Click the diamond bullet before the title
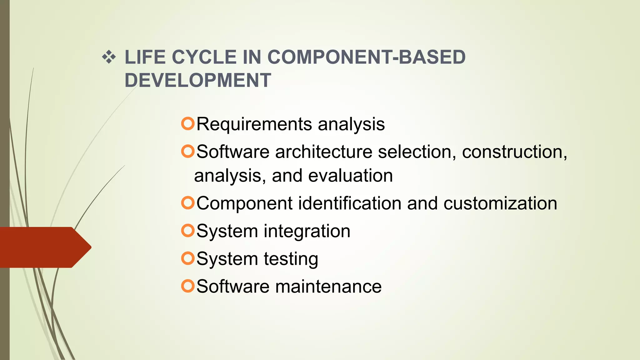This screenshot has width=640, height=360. (109, 57)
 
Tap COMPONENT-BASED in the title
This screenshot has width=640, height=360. (366, 57)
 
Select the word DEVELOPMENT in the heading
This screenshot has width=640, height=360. (198, 80)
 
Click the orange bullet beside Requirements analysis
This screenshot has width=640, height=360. (188, 124)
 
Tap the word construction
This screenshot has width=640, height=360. (514, 152)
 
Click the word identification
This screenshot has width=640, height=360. (350, 203)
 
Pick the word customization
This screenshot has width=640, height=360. (500, 203)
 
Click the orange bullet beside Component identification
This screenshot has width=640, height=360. (188, 203)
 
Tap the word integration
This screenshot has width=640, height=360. (307, 231)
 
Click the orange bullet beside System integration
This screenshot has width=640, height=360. (188, 231)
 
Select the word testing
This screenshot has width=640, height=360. (291, 259)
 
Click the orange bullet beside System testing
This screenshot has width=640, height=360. (188, 258)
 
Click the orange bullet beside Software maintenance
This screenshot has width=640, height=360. (188, 286)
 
